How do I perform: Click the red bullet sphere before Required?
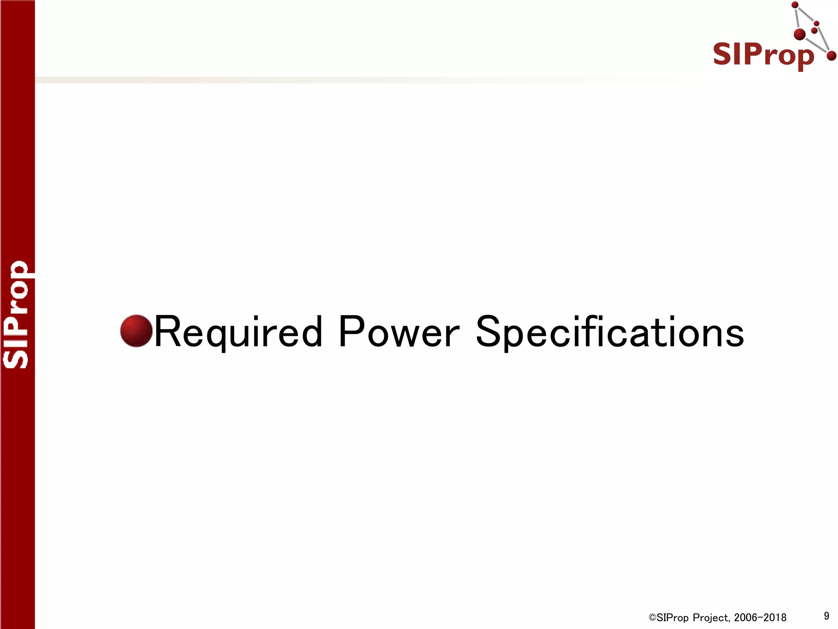(136, 331)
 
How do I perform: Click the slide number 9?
(827, 615)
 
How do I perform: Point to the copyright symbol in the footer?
(652, 618)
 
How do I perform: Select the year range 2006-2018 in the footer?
(760, 618)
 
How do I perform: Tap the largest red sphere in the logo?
(800, 34)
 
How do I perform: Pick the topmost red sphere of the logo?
(795, 5)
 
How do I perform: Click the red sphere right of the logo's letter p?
(831, 56)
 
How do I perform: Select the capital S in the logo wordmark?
(723, 54)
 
